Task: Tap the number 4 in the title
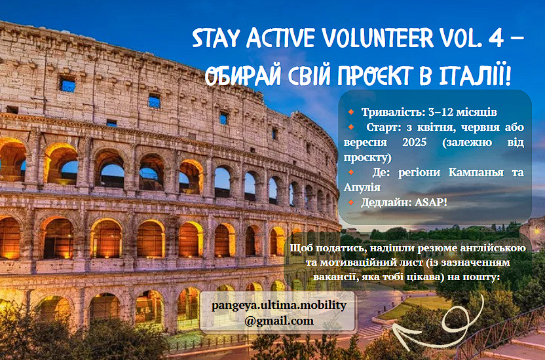coord(496,37)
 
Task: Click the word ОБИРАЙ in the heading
coord(242,75)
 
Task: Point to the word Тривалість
coord(393,112)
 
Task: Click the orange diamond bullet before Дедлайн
coord(351,202)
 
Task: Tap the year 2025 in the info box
coord(414,142)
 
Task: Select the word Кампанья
coord(476,172)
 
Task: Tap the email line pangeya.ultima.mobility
coord(279,306)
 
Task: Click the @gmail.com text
coord(279,321)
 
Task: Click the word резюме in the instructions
coord(438,248)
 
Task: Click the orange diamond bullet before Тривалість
coord(351,112)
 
